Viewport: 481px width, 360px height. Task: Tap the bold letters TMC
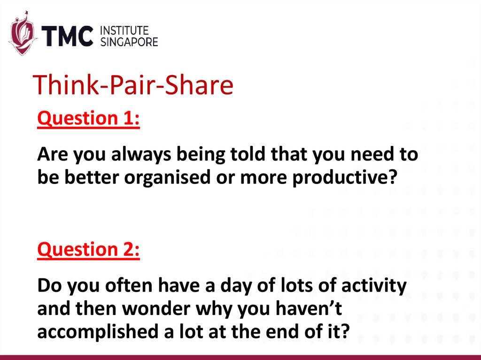(x=69, y=36)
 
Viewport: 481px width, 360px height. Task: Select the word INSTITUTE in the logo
(x=124, y=31)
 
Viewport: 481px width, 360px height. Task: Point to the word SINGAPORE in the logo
(x=130, y=42)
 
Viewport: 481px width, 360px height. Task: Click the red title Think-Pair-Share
(x=134, y=86)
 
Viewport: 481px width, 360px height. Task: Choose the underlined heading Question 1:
(x=88, y=119)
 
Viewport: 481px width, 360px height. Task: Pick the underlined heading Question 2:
(x=88, y=249)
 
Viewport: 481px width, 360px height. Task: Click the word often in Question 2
(x=136, y=285)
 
